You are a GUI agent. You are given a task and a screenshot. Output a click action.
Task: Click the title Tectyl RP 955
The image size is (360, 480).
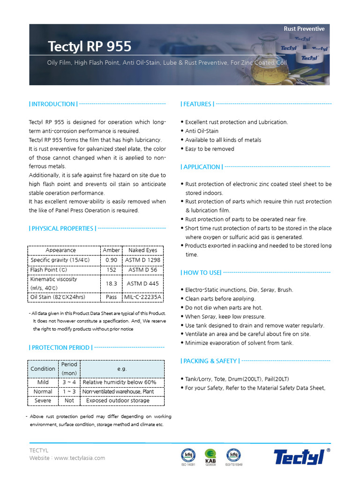coord(90,47)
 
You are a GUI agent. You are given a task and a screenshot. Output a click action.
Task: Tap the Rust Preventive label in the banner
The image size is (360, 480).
coord(304,29)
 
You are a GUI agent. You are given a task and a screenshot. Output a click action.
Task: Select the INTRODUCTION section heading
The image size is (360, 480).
coord(53,104)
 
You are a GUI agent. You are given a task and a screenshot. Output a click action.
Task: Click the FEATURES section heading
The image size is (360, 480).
coord(197,104)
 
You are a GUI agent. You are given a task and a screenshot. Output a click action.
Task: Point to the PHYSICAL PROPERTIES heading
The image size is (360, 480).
coord(63,229)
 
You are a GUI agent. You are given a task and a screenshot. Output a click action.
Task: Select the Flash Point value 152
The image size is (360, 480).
coord(111,270)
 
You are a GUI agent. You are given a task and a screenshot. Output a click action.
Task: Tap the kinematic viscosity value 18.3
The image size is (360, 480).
coord(111,284)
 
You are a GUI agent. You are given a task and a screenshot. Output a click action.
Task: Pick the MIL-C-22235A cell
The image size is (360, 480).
coord(142,297)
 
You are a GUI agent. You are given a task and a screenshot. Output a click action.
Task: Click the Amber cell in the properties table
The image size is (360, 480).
coord(111,250)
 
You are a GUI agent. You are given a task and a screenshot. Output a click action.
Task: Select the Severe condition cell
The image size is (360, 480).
coord(43,401)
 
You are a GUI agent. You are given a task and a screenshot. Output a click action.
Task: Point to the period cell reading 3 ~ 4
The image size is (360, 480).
coord(69,382)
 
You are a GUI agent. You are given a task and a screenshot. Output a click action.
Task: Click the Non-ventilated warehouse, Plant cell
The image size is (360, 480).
coord(118,392)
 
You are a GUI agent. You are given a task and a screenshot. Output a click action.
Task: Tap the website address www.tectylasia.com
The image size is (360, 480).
coord(80,458)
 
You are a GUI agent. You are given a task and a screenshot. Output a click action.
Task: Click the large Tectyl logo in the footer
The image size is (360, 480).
coord(299,456)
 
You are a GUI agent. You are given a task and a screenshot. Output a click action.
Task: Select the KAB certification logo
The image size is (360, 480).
coord(210,456)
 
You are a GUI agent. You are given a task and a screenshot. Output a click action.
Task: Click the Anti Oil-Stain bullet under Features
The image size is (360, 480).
coord(202,131)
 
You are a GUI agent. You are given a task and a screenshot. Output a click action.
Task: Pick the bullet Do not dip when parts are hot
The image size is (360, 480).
coord(224,308)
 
